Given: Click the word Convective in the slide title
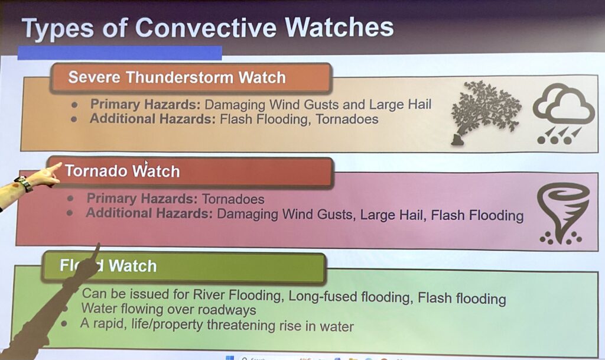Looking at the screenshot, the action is (206, 28).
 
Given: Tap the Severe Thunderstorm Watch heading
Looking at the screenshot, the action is (177, 77).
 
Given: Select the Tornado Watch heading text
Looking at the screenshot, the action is (122, 171).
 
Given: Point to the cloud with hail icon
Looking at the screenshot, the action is (563, 114).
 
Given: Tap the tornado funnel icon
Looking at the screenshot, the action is (563, 213).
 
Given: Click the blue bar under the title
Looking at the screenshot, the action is (119, 53).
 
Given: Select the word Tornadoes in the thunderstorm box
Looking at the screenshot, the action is (347, 119).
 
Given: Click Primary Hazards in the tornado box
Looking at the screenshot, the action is (142, 199).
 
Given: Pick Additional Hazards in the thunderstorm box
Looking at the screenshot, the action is (153, 119).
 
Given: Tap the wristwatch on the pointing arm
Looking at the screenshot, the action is (24, 184).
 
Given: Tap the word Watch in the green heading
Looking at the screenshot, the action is (132, 266).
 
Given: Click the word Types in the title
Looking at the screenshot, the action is (58, 29).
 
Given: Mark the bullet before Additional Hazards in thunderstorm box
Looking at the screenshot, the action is (74, 119).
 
